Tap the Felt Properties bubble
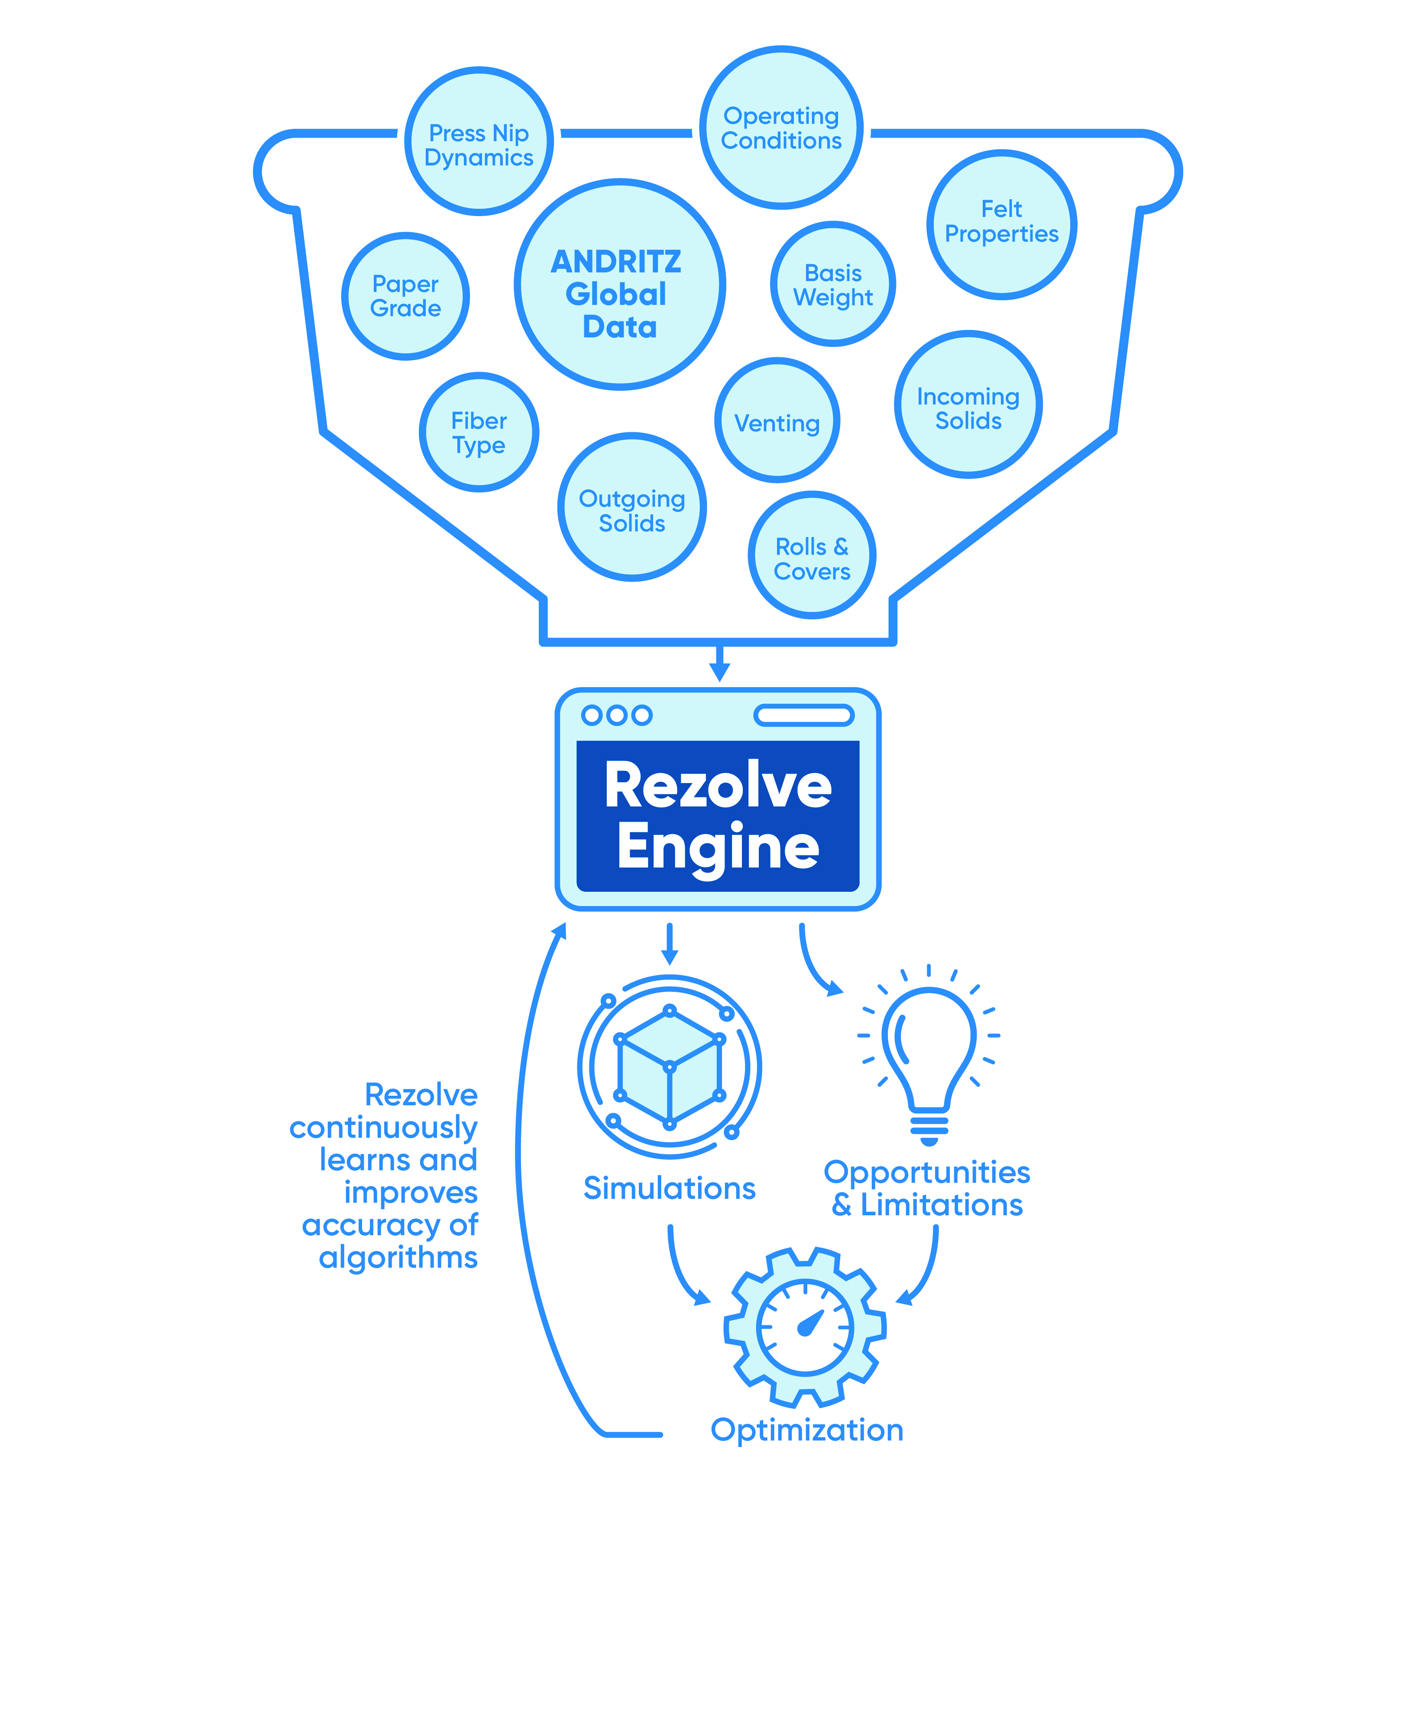1001,224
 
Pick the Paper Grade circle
405,296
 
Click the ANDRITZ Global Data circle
619,285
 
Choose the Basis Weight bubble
833,284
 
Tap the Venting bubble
777,421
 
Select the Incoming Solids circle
968,405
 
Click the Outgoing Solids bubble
631,508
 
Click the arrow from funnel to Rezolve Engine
719,664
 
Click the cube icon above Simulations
669,1067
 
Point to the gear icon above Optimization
804,1328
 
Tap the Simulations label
669,1188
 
